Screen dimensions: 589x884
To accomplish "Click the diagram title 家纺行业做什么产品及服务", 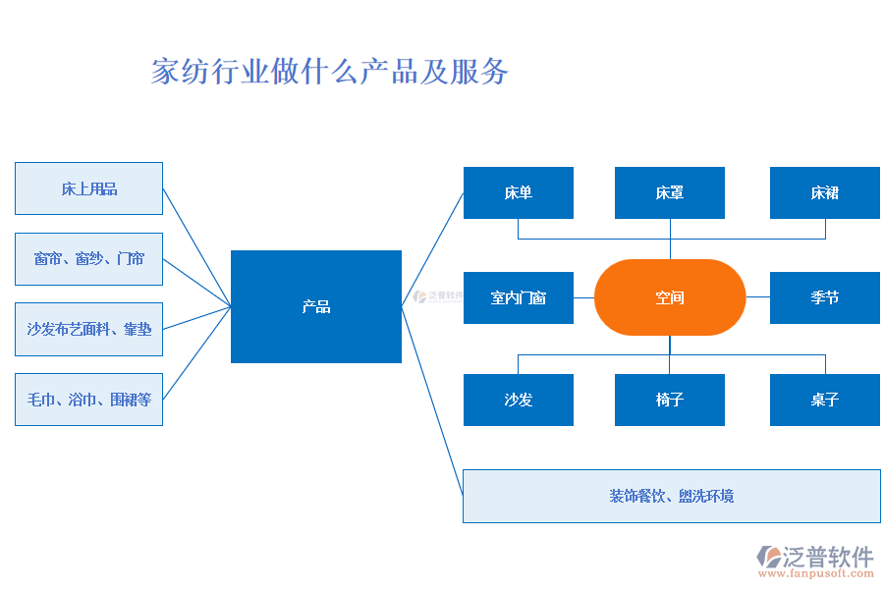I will [330, 72].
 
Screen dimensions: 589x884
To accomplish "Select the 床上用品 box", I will [88, 188].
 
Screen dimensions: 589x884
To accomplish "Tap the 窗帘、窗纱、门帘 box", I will [88, 259].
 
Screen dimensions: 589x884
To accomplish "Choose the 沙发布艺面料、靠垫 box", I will [88, 330].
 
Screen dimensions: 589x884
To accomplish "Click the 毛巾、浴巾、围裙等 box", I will [88, 400].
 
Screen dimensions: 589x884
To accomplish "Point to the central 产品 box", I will [315, 306].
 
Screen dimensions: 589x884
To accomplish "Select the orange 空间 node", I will [670, 296].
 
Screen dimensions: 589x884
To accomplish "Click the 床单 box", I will [518, 192].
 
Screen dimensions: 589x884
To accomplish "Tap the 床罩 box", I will [669, 192].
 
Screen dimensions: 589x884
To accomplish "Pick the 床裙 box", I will [824, 192].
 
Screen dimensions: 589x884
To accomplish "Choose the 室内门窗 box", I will [518, 297].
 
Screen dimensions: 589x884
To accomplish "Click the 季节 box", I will [824, 297].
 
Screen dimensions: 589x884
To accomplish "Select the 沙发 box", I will [518, 400].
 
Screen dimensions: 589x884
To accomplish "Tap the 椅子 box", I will [669, 400].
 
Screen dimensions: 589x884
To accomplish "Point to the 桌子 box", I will [824, 400].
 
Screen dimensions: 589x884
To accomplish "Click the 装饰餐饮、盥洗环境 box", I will [671, 496].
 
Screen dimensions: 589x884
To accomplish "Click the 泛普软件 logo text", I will [827, 557].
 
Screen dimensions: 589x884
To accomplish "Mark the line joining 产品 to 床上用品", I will [196, 247].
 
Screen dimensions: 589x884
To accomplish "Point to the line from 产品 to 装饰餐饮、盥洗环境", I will [432, 401].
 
